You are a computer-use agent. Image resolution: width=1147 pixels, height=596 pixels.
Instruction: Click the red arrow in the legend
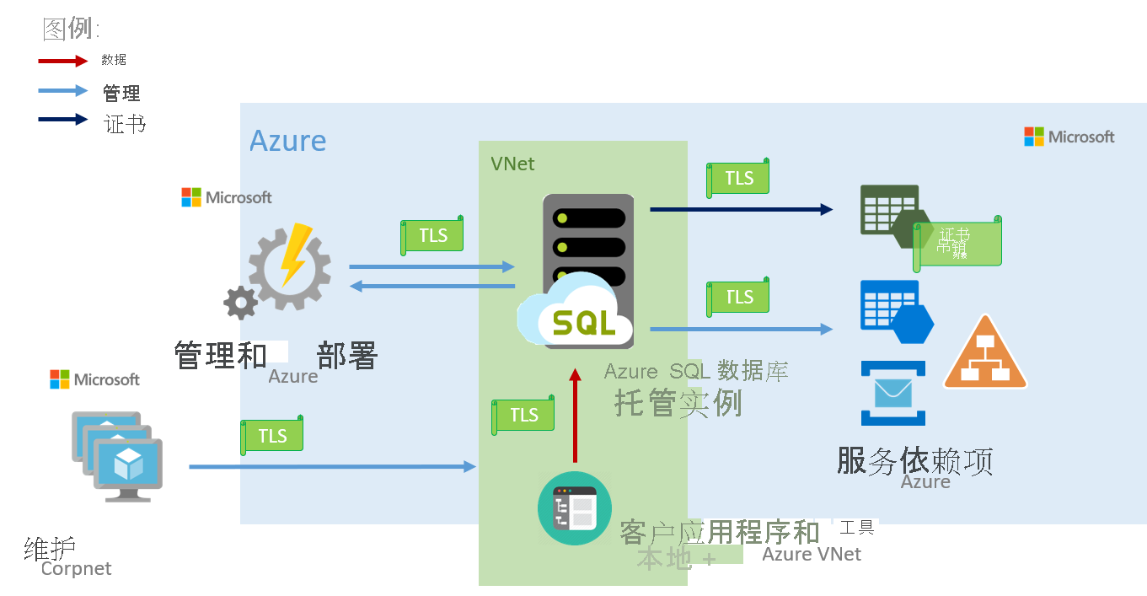coord(62,61)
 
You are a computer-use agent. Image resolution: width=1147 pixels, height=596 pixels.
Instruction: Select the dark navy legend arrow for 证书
coord(62,120)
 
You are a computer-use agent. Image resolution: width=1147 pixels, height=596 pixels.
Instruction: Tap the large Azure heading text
coord(287,141)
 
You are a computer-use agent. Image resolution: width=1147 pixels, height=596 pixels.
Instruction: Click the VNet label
coord(512,164)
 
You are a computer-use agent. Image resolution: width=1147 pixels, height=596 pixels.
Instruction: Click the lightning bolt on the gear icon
coord(292,253)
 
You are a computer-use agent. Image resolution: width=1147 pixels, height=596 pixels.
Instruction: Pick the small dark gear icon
coord(240,302)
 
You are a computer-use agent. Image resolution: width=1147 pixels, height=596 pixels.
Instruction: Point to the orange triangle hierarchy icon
coord(984,355)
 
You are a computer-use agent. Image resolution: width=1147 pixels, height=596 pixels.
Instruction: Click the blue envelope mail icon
coord(892,393)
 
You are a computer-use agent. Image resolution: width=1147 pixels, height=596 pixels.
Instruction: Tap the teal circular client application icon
coord(573,508)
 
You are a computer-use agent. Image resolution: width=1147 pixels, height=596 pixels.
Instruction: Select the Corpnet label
coord(76,569)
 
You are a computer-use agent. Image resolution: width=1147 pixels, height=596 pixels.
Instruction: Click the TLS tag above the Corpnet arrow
coord(272,435)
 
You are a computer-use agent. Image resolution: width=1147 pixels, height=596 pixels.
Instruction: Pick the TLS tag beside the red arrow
coord(523,414)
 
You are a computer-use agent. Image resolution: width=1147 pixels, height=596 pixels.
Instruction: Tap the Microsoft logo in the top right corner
coord(1069,137)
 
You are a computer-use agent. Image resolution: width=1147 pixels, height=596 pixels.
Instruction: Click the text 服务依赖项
coord(914,461)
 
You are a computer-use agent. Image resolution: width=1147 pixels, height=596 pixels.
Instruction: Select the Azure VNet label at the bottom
coord(811,554)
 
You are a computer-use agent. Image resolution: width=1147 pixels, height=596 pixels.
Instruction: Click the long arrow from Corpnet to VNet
coord(332,466)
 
